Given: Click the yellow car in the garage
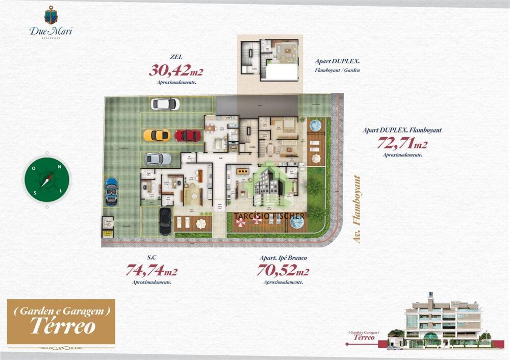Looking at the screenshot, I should (157, 135).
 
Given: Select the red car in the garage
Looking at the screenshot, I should (188, 136).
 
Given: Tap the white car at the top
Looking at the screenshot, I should (165, 104).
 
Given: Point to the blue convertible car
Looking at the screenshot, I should (112, 191).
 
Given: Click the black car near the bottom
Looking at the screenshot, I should (165, 221).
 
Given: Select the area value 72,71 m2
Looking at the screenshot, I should (402, 142).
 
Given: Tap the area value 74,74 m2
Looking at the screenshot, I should (151, 270).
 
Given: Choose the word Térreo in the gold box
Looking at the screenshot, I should (62, 326).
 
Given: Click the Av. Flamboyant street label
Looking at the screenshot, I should (357, 210).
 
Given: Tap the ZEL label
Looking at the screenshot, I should (177, 58).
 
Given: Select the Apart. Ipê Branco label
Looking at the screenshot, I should (284, 258).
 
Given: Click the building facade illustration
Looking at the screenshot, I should (442, 320).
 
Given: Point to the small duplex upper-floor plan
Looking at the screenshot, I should (270, 59).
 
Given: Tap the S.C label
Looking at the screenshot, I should (151, 258).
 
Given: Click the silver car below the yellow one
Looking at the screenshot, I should (158, 159).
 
